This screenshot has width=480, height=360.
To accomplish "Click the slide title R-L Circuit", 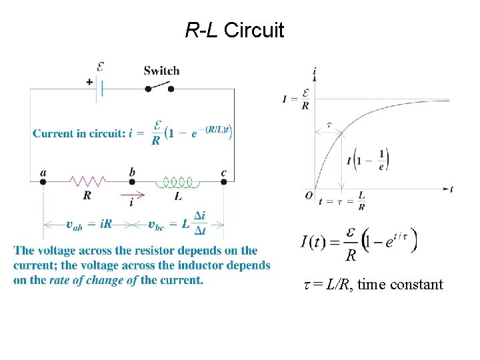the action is [x=234, y=30].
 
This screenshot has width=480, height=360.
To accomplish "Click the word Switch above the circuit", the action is [x=161, y=71].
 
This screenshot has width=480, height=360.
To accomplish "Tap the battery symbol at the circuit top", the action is [x=100, y=87].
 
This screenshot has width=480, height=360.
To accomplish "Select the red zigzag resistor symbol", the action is [x=88, y=181].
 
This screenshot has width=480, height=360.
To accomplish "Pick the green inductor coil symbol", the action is [x=178, y=181].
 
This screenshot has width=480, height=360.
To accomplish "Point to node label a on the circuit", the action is [x=43, y=173].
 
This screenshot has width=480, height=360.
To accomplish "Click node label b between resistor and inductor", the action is [x=132, y=173].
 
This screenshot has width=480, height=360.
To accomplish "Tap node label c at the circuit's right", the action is [x=224, y=173].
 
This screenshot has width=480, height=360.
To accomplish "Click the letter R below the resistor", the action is [x=87, y=196].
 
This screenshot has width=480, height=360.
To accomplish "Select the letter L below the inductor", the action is [x=178, y=197].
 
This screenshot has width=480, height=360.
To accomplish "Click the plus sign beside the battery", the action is [x=88, y=82].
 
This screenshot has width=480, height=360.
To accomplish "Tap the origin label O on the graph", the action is [x=307, y=195].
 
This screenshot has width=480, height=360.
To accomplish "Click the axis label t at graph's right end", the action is [x=452, y=189].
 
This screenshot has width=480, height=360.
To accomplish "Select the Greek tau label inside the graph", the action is [x=329, y=125].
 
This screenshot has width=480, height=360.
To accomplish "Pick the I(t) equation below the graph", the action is [x=359, y=243].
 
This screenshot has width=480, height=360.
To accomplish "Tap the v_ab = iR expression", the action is [x=89, y=224].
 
